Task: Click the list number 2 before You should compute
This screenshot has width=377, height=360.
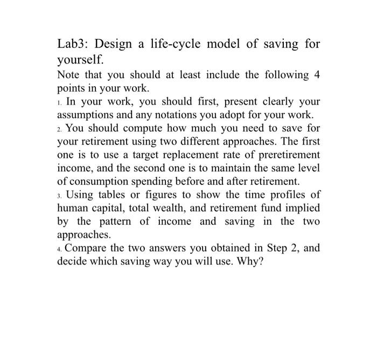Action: tap(60, 129)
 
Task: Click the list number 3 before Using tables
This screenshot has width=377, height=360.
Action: tap(60, 195)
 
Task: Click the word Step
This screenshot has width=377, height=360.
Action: tap(275, 248)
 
